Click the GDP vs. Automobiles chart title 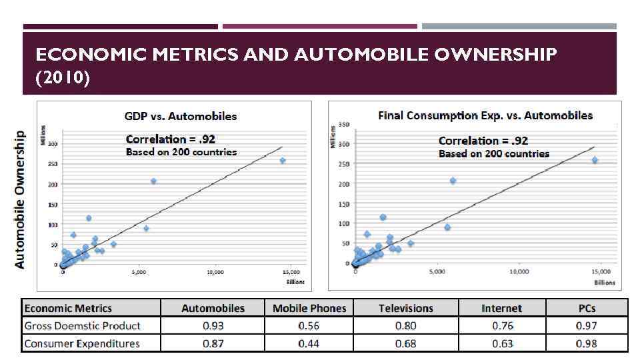click(181, 116)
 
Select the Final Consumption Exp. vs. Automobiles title click(485, 115)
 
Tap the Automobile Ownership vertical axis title click(20, 199)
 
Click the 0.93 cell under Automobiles click(213, 325)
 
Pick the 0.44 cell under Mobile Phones click(309, 343)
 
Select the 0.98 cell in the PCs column click(587, 343)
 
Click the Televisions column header click(405, 308)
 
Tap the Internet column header click(501, 308)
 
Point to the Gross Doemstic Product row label click(82, 325)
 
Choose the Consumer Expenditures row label click(82, 343)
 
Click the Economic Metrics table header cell click(68, 308)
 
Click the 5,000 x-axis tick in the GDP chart click(139, 273)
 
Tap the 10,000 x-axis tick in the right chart click(519, 271)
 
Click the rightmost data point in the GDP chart click(283, 161)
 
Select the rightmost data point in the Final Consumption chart click(595, 160)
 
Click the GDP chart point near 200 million click(153, 181)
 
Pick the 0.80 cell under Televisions click(405, 325)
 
